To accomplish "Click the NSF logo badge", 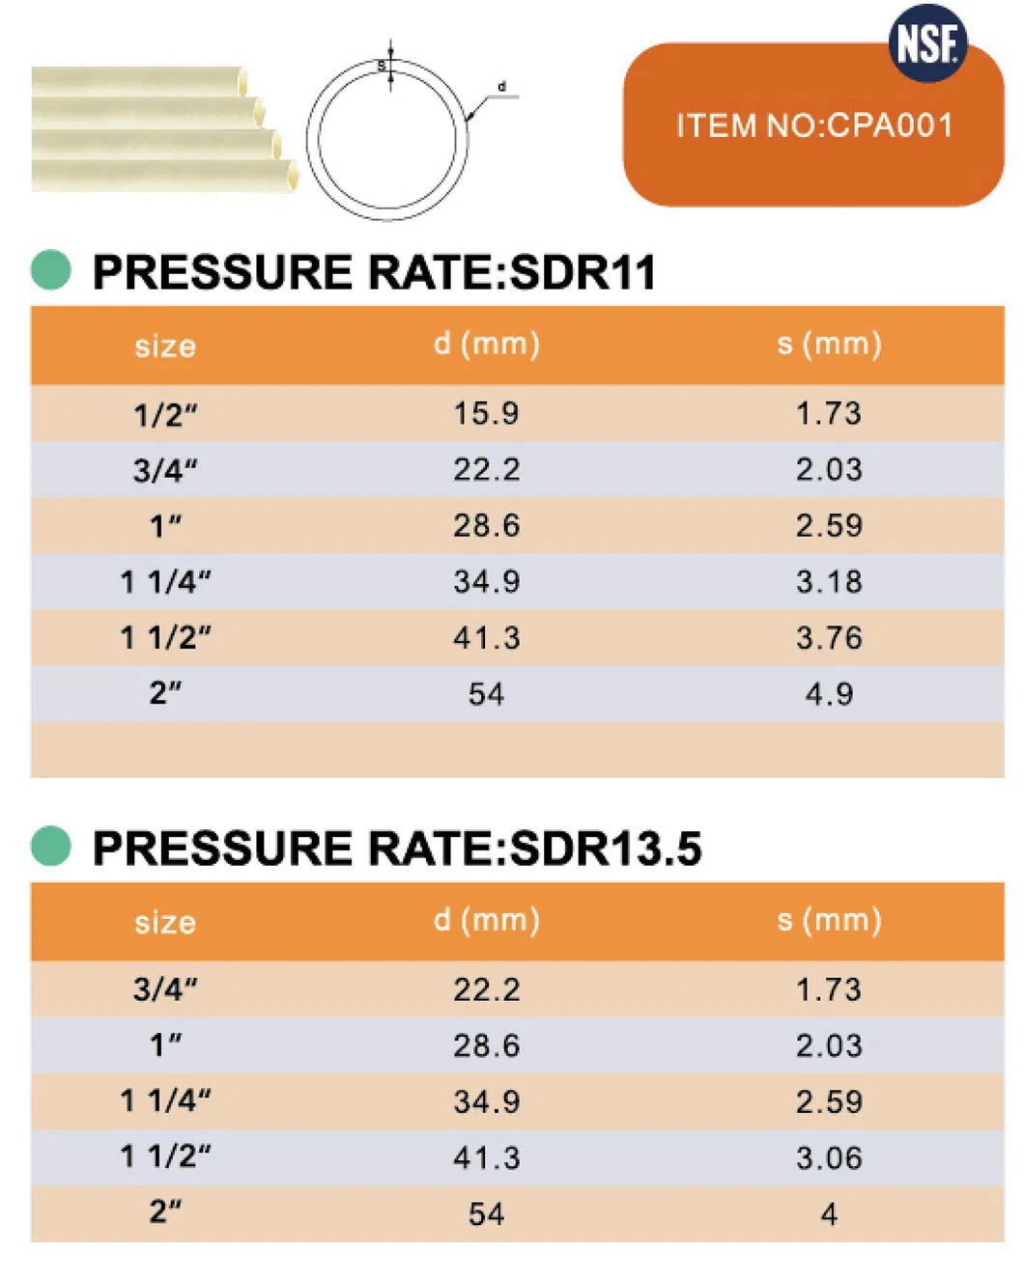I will tap(927, 43).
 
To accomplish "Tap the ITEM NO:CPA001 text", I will tap(813, 125).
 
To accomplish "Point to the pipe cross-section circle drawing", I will tap(387, 140).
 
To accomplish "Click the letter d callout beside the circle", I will tap(501, 87).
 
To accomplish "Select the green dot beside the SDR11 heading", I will tap(51, 270).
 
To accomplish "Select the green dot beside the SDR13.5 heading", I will tap(51, 847).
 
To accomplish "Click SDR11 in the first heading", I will tap(583, 272).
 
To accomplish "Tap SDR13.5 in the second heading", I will tap(605, 849).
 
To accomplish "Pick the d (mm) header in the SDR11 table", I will tap(486, 344).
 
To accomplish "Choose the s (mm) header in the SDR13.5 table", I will tap(829, 920).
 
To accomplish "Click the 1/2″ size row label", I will tap(165, 415).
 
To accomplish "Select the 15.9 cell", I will tap(486, 414).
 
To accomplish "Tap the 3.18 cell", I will tap(829, 582).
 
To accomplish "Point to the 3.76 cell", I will tap(829, 638).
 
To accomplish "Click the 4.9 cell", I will tap(829, 694).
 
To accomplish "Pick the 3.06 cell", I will tap(829, 1157).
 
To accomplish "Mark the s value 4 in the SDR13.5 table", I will tap(829, 1213).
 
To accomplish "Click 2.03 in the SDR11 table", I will tap(829, 470).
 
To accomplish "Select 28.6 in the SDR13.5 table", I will tap(486, 1045).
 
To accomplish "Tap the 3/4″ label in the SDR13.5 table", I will tap(165, 989).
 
